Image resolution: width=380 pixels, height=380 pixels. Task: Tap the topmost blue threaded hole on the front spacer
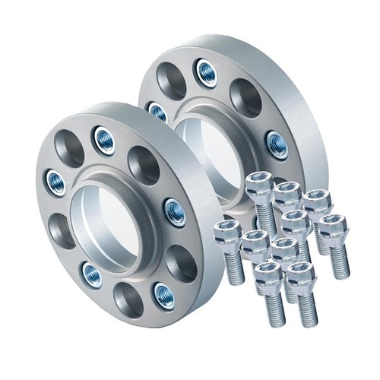click(104, 139)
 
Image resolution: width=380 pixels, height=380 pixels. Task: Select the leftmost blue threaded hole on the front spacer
click(55, 181)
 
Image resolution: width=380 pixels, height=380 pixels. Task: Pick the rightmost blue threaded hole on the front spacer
click(174, 212)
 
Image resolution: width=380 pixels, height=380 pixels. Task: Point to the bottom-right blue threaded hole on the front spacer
click(163, 293)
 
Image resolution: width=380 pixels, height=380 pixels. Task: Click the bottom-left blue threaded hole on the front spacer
click(93, 274)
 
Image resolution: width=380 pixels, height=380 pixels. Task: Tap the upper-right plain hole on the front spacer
click(143, 164)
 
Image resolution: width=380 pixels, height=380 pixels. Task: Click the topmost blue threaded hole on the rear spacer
click(206, 72)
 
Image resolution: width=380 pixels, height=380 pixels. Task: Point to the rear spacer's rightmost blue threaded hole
click(277, 144)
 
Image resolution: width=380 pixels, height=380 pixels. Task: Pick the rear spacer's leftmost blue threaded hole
click(157, 112)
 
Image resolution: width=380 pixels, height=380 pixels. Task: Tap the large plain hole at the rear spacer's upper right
click(245, 97)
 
